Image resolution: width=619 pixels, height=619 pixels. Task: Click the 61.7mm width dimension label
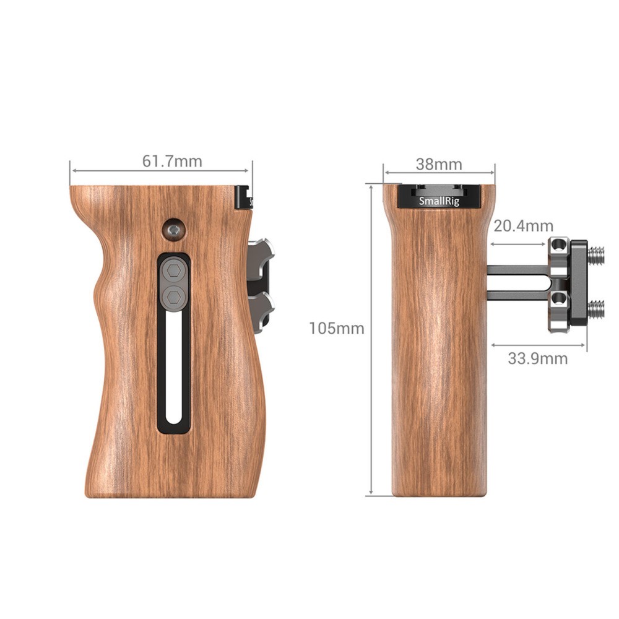172,162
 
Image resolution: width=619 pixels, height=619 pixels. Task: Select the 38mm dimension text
438,165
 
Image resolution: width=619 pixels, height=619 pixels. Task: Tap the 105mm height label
337,329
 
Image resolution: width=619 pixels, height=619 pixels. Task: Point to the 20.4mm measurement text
523,227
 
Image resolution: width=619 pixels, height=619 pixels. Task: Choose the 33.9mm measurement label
538,358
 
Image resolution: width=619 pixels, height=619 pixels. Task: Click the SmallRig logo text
438,201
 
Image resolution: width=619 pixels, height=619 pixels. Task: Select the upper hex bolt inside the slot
174,271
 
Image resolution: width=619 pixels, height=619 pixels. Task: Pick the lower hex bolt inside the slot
174,297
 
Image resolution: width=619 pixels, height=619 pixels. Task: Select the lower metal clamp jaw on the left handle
262,305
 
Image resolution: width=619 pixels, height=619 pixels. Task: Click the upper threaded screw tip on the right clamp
597,253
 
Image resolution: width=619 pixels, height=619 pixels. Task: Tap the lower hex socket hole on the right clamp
560,300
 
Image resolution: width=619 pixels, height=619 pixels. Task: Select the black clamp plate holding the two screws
579,282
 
